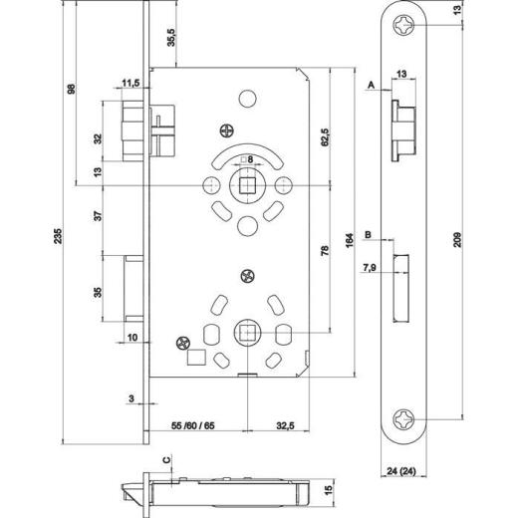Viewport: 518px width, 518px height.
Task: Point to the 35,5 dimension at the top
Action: tap(170, 39)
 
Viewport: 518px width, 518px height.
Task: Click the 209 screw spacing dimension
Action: tap(457, 240)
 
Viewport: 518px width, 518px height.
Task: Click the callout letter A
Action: tap(372, 87)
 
